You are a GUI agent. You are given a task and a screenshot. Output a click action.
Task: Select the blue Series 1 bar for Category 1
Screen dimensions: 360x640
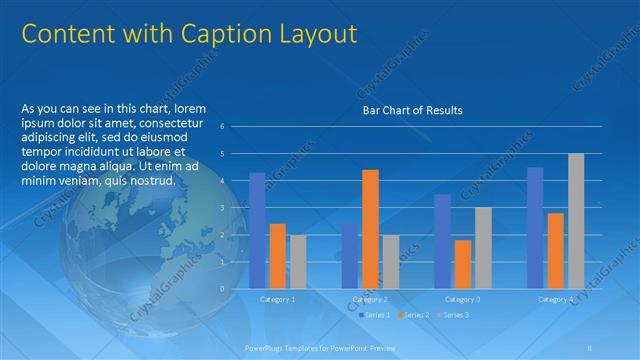[257, 230]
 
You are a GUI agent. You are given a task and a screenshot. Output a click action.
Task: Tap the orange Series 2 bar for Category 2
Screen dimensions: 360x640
[370, 229]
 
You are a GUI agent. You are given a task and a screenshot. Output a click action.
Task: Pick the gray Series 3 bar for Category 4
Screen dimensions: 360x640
[576, 221]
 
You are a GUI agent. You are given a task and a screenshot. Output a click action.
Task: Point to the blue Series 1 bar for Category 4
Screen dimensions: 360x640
[535, 227]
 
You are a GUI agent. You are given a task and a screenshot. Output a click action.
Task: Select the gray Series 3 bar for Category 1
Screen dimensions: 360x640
[298, 261]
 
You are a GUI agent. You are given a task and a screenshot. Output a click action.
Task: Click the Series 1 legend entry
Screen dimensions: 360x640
[375, 315]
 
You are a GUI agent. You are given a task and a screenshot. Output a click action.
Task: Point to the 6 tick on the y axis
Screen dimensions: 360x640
[237, 126]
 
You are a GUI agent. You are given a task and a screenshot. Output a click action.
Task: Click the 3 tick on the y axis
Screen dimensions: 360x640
[237, 207]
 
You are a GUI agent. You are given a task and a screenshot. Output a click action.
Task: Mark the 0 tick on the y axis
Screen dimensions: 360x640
[237, 288]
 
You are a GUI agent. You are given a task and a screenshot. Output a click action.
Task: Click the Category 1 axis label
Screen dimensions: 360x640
[277, 299]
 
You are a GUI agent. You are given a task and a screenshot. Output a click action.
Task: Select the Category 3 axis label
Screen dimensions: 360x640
[463, 299]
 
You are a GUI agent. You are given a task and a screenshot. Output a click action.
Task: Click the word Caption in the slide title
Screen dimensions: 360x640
[216, 35]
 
